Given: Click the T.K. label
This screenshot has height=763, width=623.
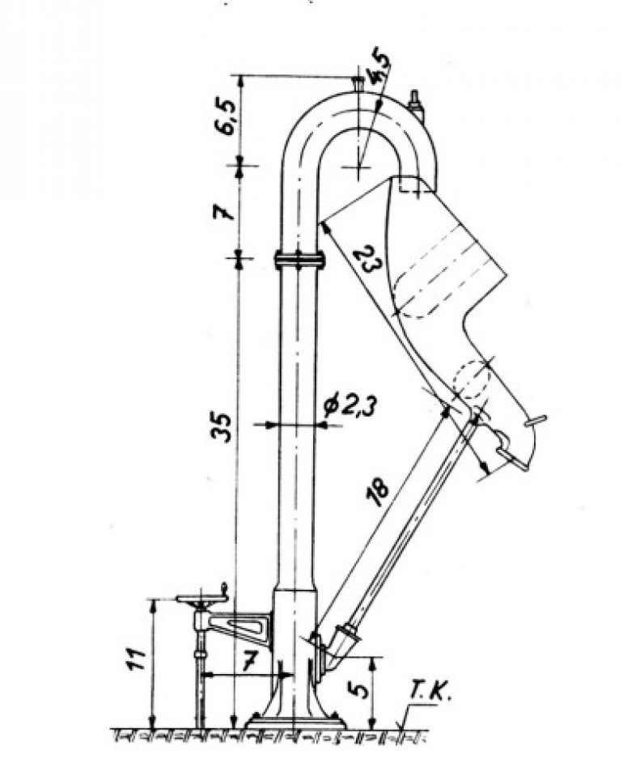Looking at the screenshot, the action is tap(430, 692).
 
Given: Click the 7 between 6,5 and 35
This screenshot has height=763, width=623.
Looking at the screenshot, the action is tap(224, 210).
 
